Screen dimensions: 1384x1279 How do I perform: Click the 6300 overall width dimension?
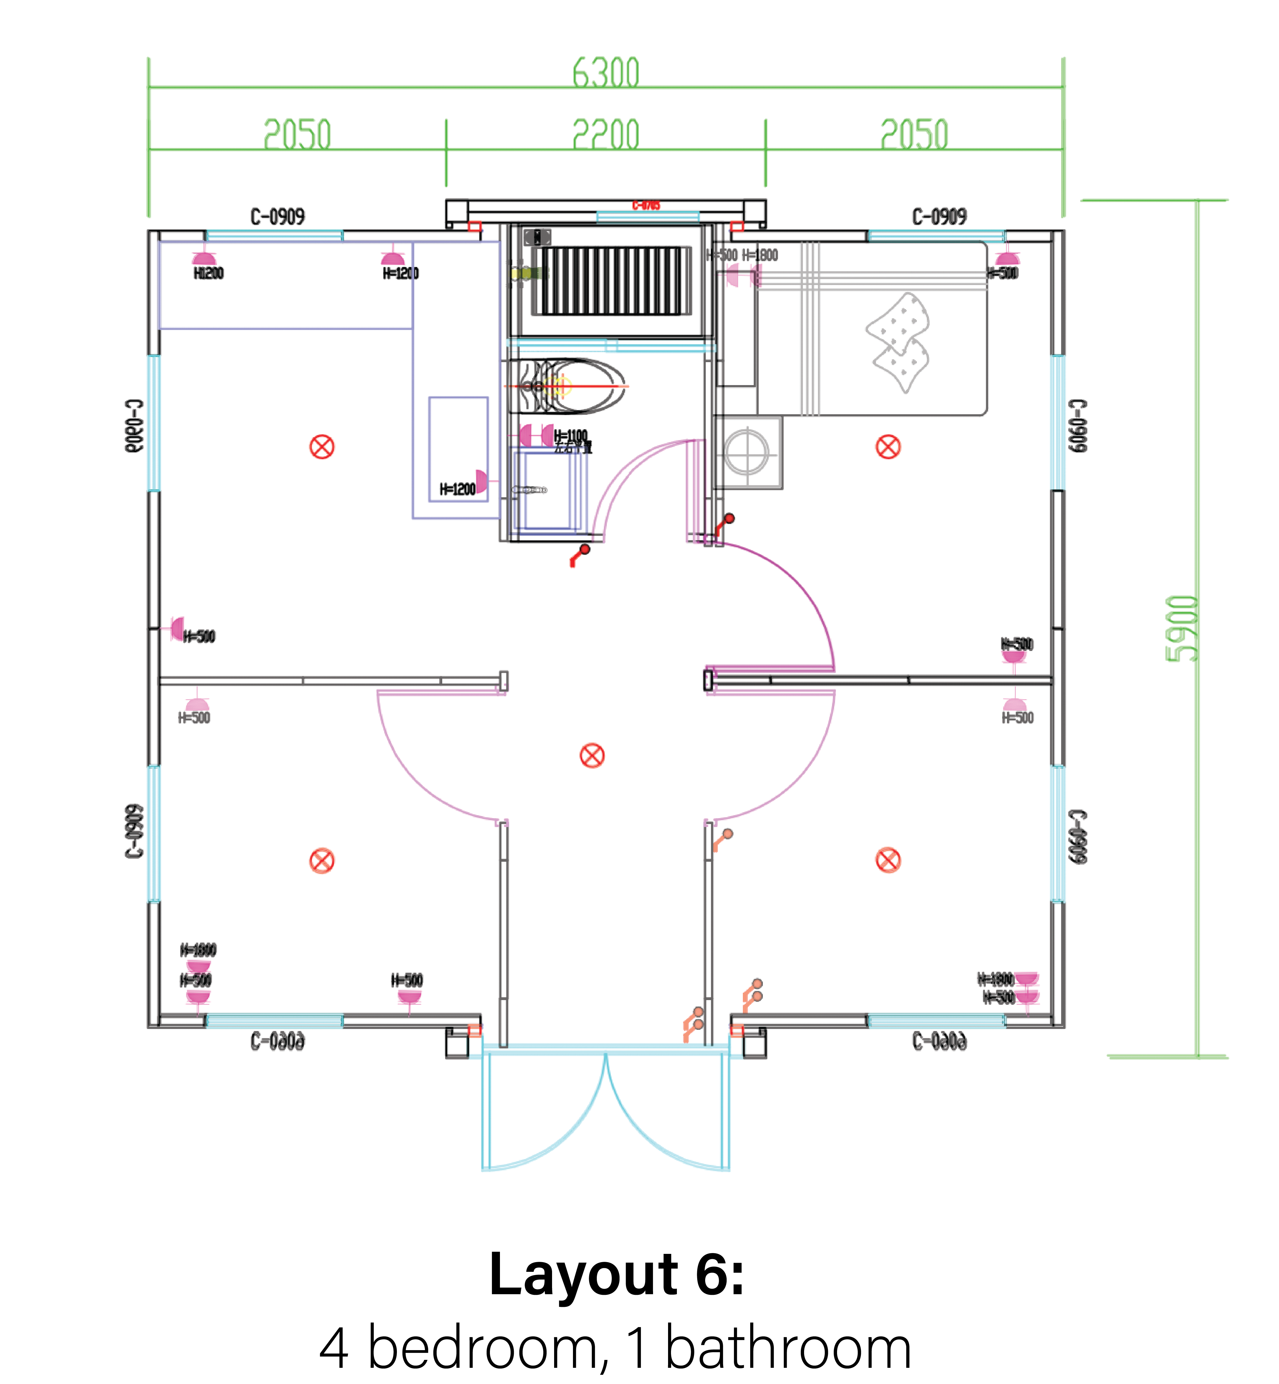pos(606,73)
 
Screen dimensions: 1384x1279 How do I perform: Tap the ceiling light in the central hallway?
pos(592,756)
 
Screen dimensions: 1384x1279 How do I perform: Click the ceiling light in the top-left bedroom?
pos(322,447)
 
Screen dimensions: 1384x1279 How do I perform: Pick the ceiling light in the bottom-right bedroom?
pos(888,860)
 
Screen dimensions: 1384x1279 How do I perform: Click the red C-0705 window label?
pos(646,205)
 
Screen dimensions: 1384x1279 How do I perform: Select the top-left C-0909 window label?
pos(277,217)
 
